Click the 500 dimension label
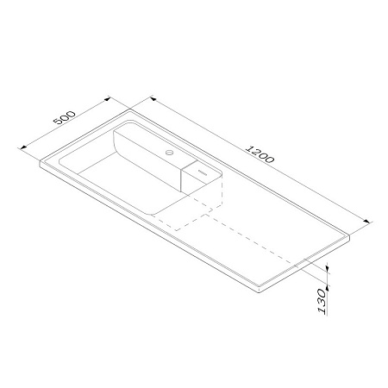click(x=65, y=117)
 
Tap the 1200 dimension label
click(x=260, y=154)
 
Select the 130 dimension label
click(x=322, y=302)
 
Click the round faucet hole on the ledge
click(x=170, y=153)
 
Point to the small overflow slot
click(x=203, y=172)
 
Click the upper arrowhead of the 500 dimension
click(x=107, y=99)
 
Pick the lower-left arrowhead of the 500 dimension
click(x=23, y=147)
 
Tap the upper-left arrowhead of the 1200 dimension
click(x=153, y=99)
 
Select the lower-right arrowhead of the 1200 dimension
click(x=366, y=222)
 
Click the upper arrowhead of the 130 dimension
click(x=327, y=269)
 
